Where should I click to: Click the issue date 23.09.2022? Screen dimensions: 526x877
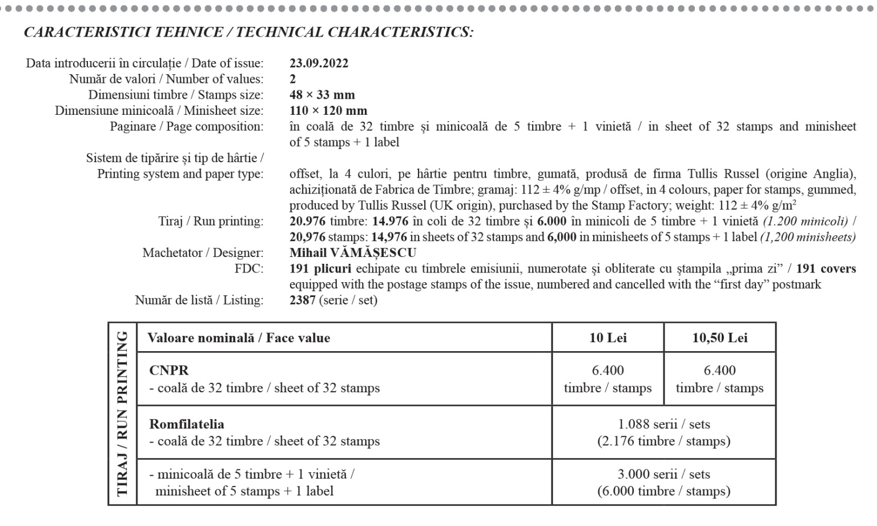click(319, 63)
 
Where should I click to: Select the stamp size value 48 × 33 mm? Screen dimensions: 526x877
click(322, 95)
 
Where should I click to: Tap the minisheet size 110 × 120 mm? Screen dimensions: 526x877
click(328, 111)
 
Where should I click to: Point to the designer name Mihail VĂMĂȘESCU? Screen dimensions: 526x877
click(353, 253)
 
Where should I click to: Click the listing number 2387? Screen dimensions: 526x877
click(303, 300)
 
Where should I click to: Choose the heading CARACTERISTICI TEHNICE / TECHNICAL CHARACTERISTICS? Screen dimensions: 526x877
click(248, 32)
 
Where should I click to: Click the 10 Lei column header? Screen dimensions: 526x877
click(608, 338)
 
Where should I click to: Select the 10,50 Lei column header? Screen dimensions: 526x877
click(719, 338)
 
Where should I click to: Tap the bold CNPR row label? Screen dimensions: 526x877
click(168, 370)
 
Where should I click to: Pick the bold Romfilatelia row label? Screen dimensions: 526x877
click(187, 424)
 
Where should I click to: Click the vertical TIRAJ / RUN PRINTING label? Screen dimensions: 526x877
click(122, 413)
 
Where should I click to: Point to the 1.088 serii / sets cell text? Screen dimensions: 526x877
click(663, 424)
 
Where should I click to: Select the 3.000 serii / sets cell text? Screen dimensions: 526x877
click(663, 474)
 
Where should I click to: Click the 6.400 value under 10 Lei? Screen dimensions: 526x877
click(608, 371)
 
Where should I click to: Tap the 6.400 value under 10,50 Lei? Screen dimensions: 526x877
click(719, 371)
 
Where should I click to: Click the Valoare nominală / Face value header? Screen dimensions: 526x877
click(239, 338)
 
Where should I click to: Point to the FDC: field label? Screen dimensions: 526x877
click(249, 268)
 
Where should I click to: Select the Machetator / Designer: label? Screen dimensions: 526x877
click(203, 253)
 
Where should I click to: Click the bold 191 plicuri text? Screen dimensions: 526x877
click(320, 268)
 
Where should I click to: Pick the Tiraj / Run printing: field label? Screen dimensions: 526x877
click(211, 221)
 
